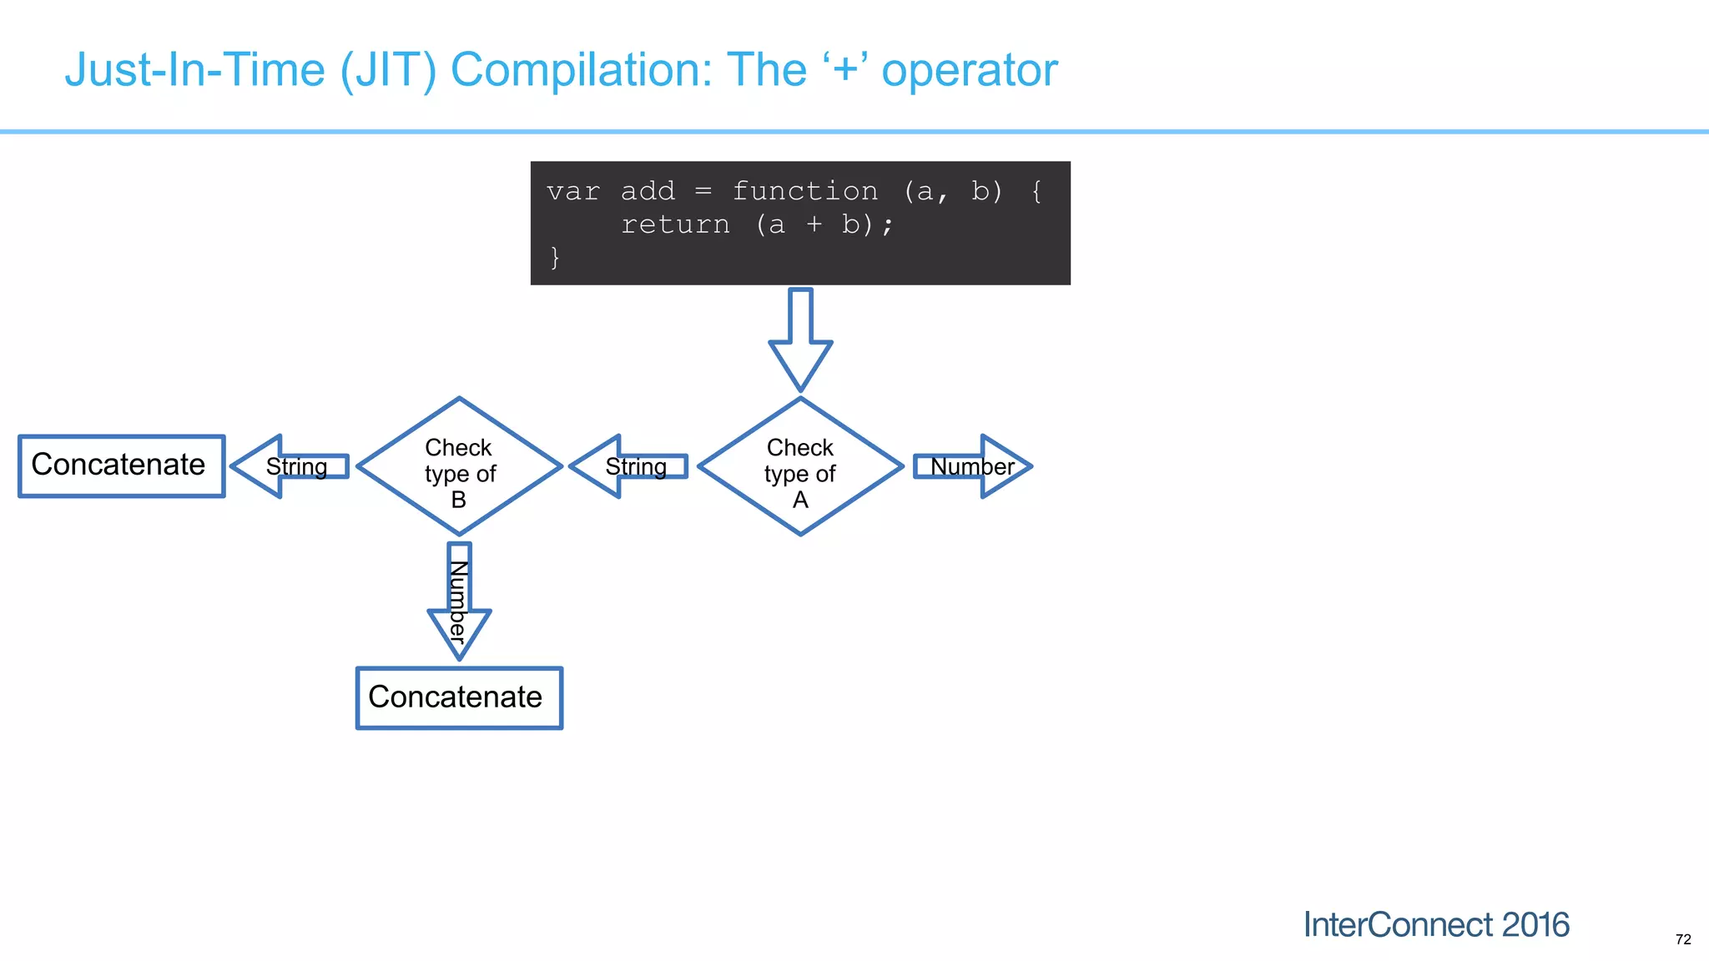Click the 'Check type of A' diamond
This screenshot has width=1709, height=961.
click(x=800, y=467)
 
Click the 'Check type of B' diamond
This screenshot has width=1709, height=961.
click(x=459, y=467)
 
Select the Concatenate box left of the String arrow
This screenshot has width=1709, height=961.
click(x=122, y=465)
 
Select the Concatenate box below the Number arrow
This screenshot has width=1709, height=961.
click(x=459, y=697)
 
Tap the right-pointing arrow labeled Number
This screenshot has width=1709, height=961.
click(x=973, y=466)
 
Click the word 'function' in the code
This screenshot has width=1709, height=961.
click(x=805, y=191)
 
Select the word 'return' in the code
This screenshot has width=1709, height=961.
click(x=675, y=224)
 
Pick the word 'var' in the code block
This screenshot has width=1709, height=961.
click(x=572, y=191)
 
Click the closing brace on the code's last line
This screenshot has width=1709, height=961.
click(x=555, y=257)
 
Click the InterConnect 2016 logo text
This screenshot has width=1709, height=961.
click(x=1436, y=924)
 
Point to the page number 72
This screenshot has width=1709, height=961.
click(x=1683, y=939)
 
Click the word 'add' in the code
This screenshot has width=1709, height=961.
click(x=648, y=191)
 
